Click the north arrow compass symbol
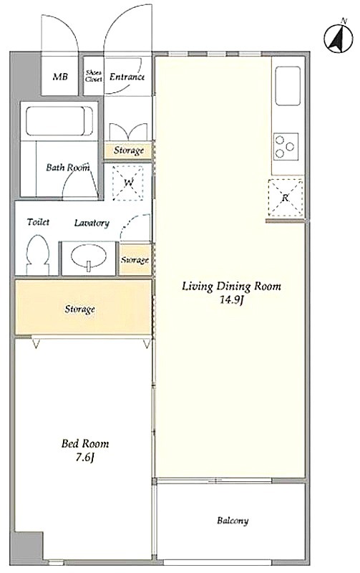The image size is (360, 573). click(x=339, y=38)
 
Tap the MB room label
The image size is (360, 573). click(x=60, y=77)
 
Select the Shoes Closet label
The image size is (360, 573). click(x=94, y=76)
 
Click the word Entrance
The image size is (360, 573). click(x=127, y=77)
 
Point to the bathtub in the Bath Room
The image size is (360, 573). click(x=59, y=120)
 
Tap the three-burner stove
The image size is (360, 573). click(x=286, y=146)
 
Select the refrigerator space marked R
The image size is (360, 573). click(x=286, y=198)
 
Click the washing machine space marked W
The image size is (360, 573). click(x=128, y=183)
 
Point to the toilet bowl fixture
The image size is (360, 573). click(x=38, y=255)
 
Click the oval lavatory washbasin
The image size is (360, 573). click(x=89, y=256)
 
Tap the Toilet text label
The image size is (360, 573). click(x=38, y=222)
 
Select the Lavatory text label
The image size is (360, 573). click(x=92, y=223)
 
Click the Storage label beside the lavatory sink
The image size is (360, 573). click(x=135, y=260)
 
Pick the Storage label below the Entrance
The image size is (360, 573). click(x=129, y=150)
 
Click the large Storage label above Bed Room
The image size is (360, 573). click(x=80, y=309)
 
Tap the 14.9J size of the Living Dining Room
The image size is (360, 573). click(x=231, y=300)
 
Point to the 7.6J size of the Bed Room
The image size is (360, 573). click(x=85, y=458)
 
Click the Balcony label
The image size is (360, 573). click(x=233, y=520)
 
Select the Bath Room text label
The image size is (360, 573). click(x=68, y=168)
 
